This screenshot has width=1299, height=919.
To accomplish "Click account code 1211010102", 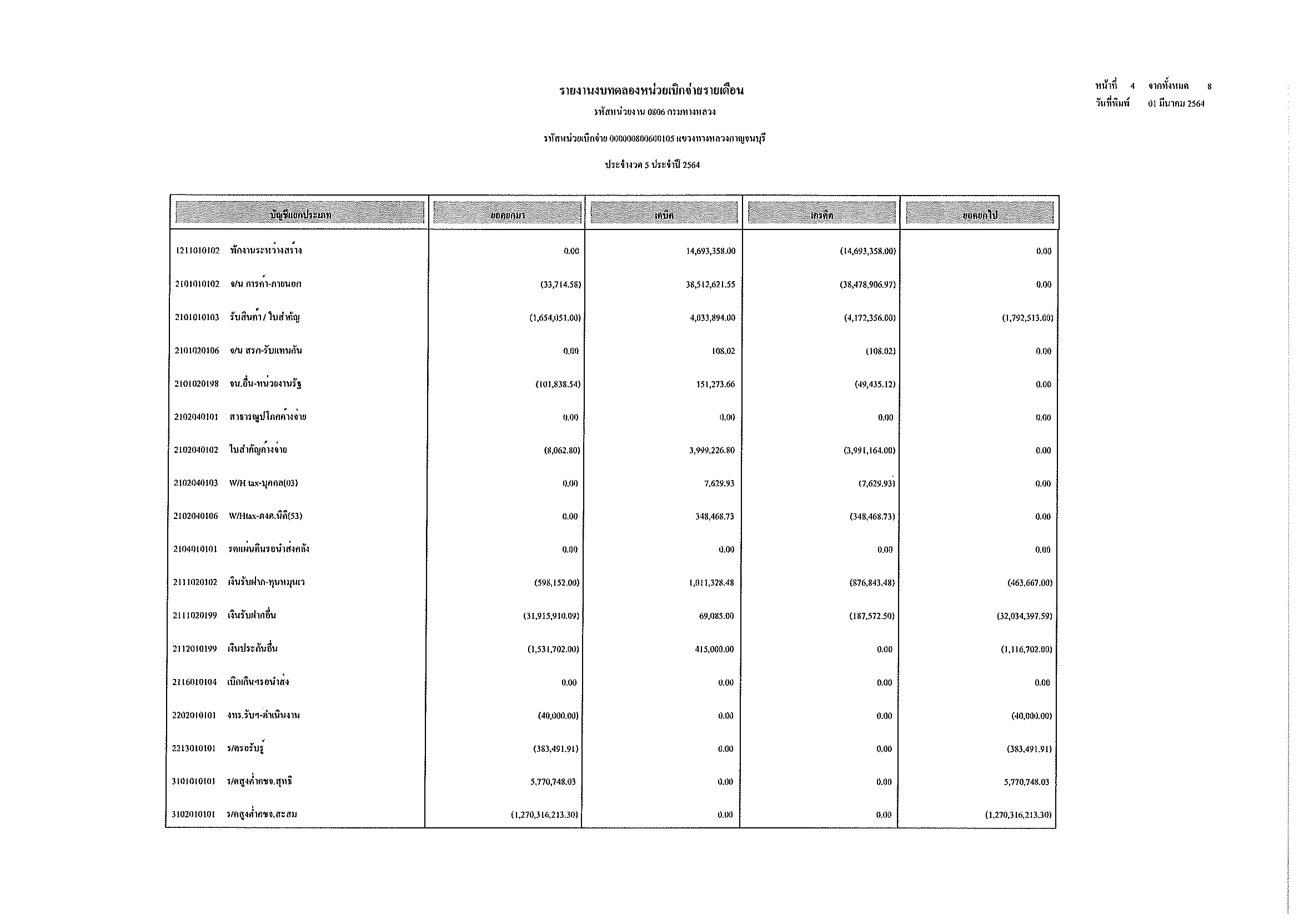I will click(198, 251).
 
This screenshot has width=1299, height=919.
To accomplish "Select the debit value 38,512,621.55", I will click(711, 284).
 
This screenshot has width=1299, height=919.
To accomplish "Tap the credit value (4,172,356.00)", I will click(870, 318).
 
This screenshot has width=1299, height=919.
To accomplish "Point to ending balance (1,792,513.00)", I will click(1027, 318).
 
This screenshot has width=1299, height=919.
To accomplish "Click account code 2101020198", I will click(196, 384).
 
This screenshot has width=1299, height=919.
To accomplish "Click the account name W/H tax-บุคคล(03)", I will click(263, 483).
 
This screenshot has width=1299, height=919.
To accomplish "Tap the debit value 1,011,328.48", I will click(711, 583).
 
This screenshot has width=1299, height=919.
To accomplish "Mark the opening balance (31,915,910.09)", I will click(551, 616).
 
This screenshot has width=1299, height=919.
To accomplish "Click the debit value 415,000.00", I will click(714, 650).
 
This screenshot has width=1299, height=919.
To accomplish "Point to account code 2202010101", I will click(194, 716).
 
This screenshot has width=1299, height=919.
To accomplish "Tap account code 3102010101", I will click(193, 815).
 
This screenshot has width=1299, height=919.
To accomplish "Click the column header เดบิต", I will click(664, 215).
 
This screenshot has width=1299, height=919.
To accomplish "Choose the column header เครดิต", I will click(821, 215).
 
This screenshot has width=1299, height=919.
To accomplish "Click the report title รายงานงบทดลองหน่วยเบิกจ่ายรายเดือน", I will click(651, 91).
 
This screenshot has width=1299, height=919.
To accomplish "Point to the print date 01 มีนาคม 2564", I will click(1176, 103).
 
